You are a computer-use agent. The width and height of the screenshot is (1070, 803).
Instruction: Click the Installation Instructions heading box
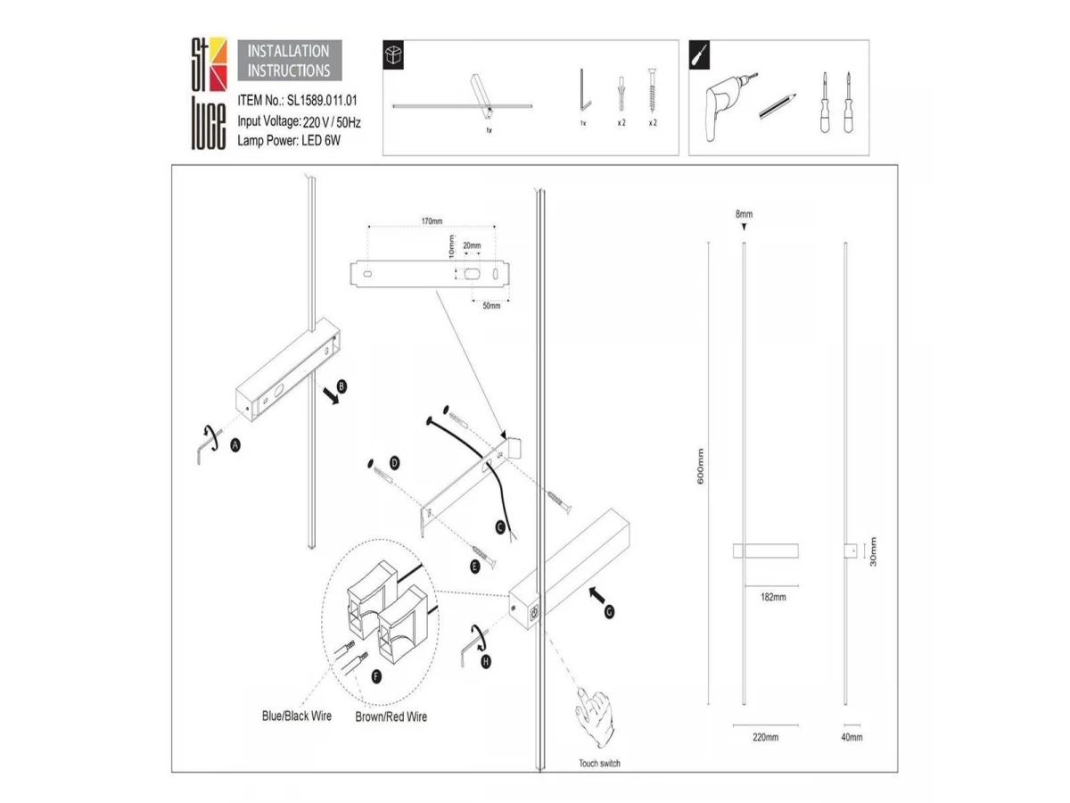(288, 61)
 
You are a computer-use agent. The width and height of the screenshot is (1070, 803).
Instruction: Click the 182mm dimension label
(772, 597)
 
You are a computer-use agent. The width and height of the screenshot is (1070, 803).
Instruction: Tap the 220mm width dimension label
(765, 737)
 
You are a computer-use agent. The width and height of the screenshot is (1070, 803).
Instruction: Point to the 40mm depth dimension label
(852, 737)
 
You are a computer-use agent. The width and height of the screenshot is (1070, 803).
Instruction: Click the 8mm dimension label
(744, 215)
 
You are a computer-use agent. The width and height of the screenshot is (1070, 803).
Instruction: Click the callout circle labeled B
(341, 386)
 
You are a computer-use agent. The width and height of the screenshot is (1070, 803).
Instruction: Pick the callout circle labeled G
(609, 612)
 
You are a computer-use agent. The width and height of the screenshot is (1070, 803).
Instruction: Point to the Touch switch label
(599, 764)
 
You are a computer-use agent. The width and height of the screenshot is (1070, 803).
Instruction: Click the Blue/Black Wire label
(297, 716)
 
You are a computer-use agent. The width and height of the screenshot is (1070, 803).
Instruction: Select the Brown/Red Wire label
(391, 716)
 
